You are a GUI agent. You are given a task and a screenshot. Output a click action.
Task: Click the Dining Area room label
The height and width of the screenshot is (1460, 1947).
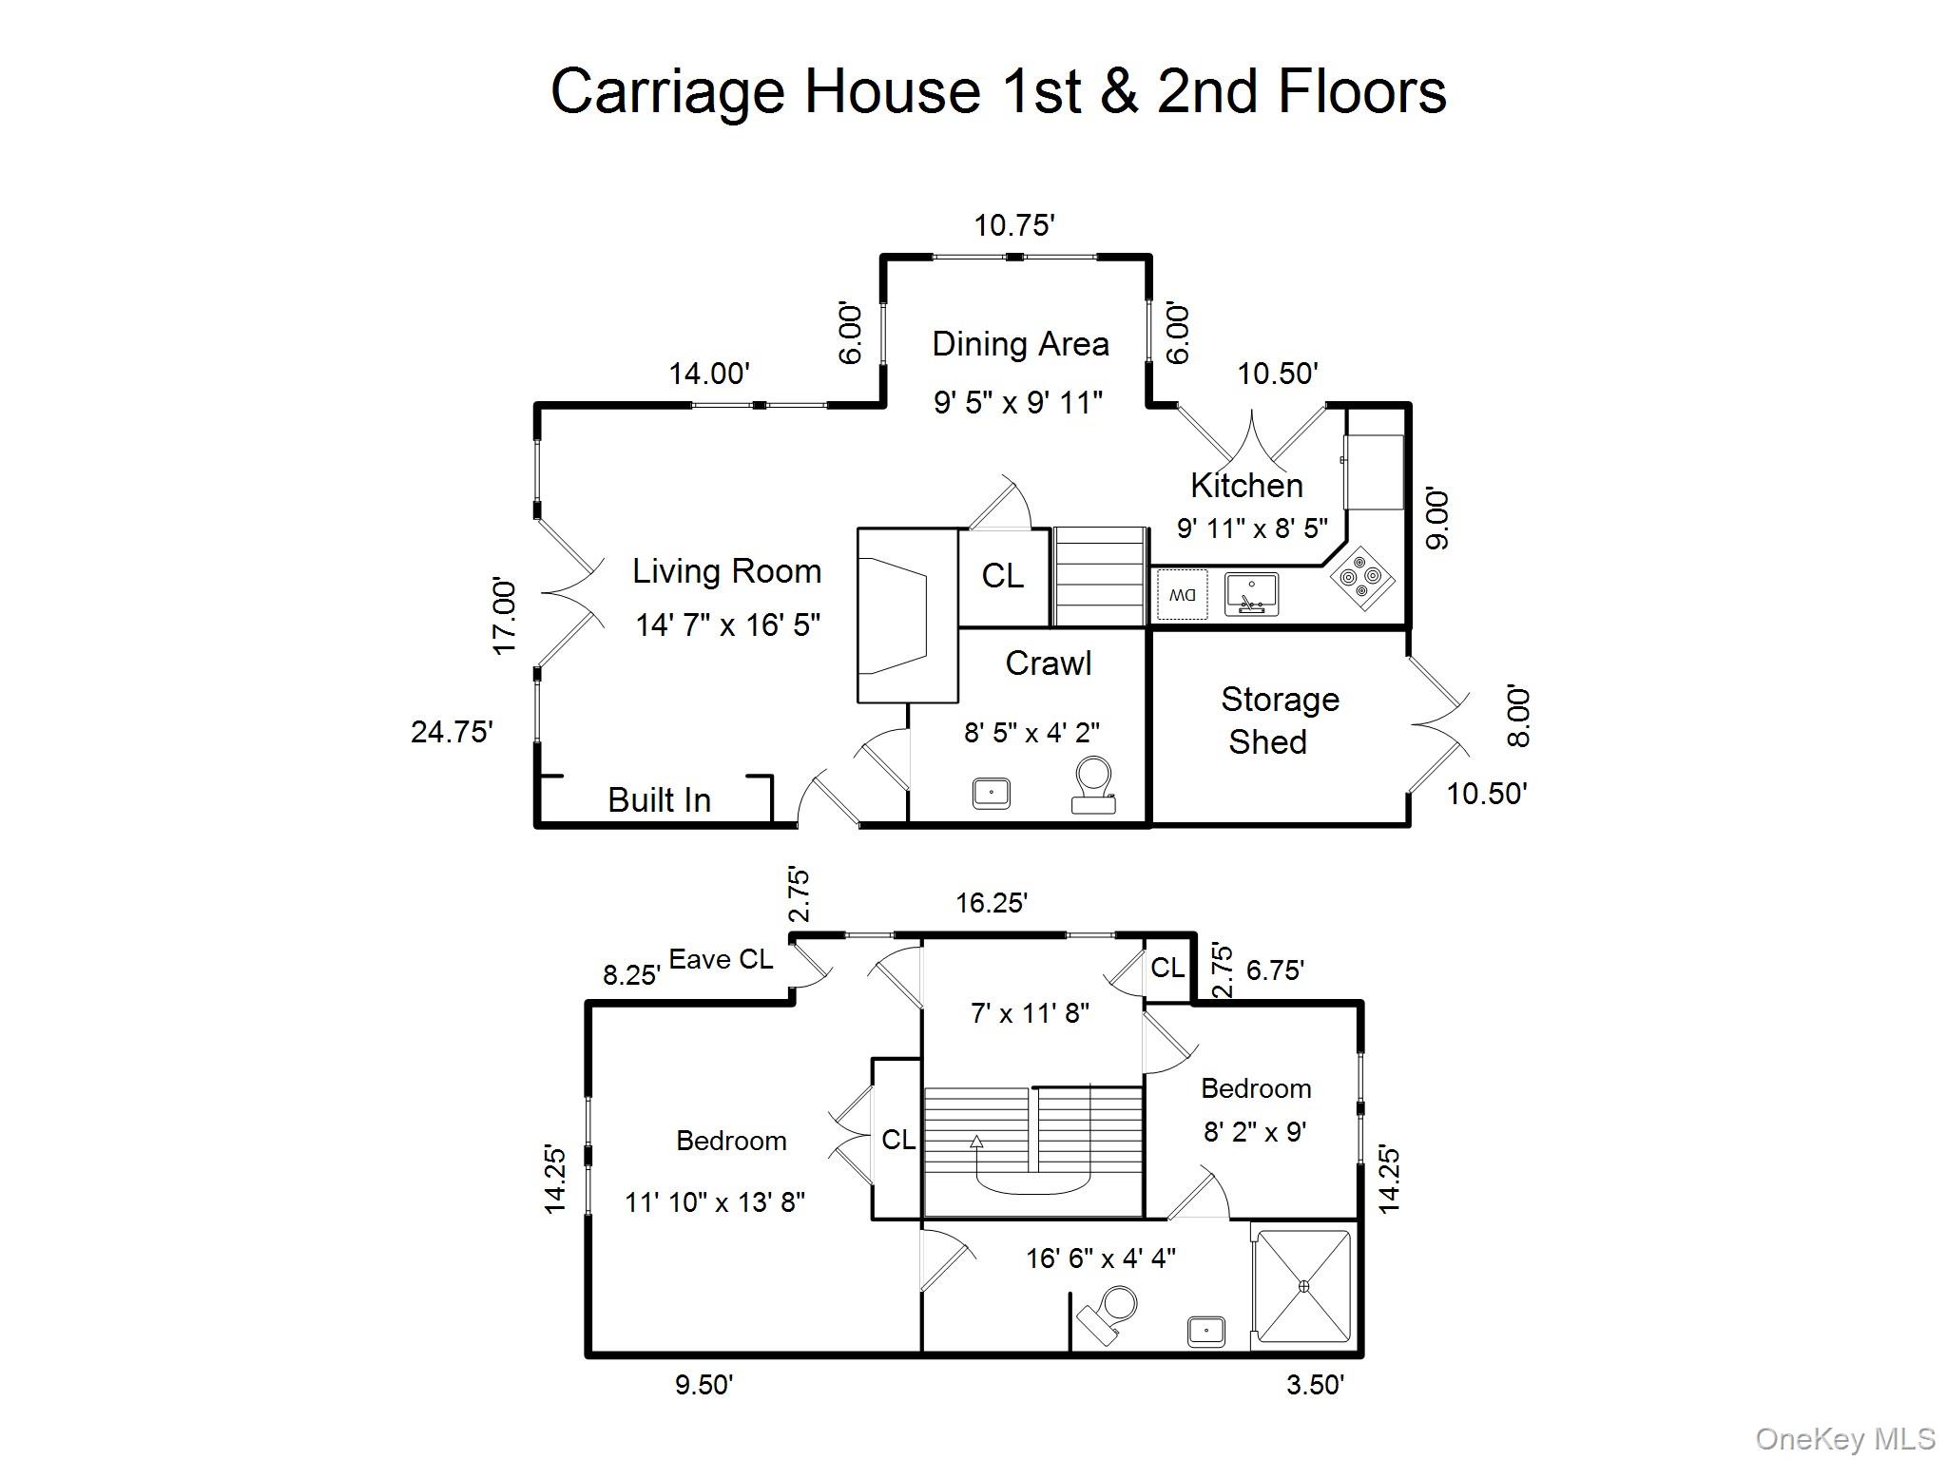[1020, 344]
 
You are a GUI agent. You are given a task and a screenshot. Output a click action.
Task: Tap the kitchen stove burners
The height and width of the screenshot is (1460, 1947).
[1362, 577]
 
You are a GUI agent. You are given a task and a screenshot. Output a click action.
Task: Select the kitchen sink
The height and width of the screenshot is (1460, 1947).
[1251, 594]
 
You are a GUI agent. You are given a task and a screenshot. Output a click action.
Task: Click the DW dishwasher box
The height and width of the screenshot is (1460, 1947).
[1183, 595]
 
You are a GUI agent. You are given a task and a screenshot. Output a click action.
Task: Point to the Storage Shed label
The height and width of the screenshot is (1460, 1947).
[1279, 720]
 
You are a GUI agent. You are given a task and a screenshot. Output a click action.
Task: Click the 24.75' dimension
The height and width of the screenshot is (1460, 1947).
[452, 732]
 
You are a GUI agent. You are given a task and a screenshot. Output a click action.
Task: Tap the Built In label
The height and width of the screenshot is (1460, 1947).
[659, 800]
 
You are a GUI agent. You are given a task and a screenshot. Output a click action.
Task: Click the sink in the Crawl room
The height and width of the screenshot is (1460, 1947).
[991, 793]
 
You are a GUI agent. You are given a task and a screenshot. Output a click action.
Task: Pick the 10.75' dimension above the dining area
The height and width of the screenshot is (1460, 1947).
[1014, 225]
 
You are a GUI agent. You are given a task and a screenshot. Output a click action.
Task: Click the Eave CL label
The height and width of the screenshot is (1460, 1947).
[721, 960]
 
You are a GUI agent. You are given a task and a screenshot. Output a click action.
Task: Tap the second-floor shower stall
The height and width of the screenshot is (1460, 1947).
[1303, 1286]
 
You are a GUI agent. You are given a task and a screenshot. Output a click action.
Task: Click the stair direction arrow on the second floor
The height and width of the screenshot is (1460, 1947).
[976, 1142]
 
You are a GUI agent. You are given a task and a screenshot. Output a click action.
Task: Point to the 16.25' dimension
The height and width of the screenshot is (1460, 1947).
[992, 903]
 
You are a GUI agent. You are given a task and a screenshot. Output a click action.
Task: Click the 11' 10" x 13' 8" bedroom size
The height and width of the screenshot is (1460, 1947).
[715, 1202]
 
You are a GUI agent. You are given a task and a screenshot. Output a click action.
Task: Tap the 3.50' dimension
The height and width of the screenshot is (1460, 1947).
[1315, 1385]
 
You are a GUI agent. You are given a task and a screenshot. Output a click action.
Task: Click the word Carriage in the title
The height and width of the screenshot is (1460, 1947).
[669, 91]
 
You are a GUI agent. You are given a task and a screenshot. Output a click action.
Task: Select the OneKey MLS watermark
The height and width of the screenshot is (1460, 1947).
[1845, 1439]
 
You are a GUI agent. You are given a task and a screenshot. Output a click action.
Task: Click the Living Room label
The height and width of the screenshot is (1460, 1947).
[726, 571]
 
